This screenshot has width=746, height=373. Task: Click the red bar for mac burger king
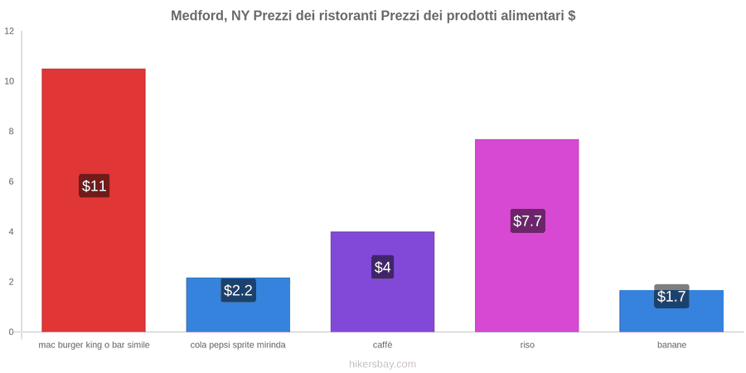(x=94, y=201)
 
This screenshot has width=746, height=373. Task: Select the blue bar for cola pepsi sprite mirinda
(x=238, y=304)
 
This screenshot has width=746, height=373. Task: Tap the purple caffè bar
(x=382, y=282)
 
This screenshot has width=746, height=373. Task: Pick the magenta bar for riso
(x=526, y=235)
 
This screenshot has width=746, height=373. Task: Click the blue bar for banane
(x=671, y=311)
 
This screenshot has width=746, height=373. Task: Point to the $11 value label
(x=94, y=186)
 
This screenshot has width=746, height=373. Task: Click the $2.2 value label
(x=239, y=290)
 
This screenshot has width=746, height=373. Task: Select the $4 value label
(x=382, y=267)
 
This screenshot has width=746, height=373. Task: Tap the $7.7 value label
(x=528, y=220)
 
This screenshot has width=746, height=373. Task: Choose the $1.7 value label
(x=671, y=297)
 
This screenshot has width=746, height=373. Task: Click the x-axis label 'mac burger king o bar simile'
(x=94, y=345)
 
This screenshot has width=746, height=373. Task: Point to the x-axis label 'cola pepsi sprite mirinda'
(x=238, y=345)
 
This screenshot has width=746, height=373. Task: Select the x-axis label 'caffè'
(x=382, y=345)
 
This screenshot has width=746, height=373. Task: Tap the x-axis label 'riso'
(x=527, y=345)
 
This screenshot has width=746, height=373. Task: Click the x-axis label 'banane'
(x=671, y=345)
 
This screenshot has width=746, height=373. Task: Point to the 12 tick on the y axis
(x=9, y=31)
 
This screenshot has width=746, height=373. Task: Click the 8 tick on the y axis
(x=12, y=132)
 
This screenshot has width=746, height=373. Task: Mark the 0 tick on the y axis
(x=12, y=332)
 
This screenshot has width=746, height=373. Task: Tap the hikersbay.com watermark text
(x=382, y=365)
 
